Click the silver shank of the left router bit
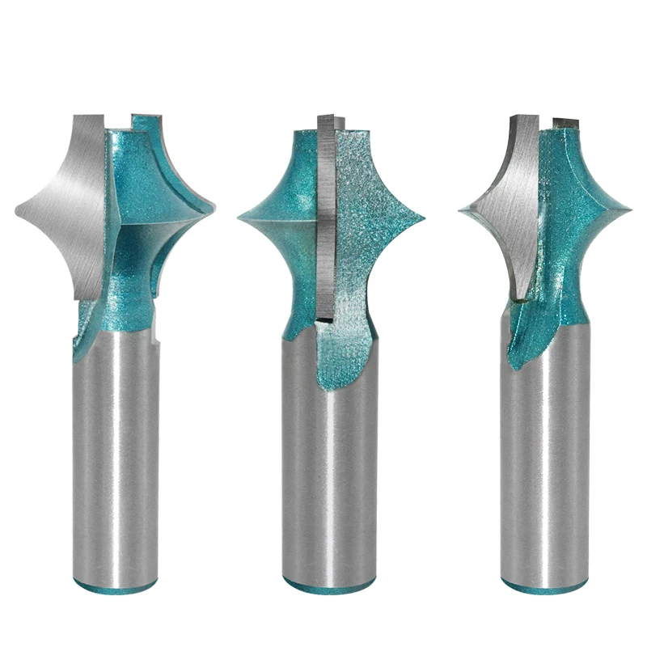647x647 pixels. (113, 453)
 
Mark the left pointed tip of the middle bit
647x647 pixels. (240, 217)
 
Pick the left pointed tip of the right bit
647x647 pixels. (461, 210)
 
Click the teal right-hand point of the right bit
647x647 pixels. (629, 209)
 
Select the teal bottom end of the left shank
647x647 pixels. (113, 585)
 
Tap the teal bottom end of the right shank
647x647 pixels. (543, 584)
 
